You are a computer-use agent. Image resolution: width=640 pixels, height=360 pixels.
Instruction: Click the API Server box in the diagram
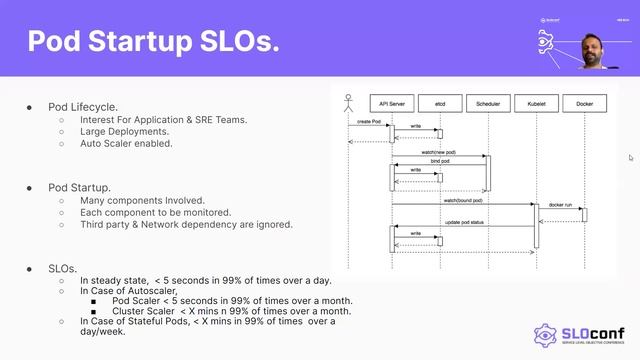pos(391,103)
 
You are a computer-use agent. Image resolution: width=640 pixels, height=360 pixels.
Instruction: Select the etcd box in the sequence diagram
pos(439,103)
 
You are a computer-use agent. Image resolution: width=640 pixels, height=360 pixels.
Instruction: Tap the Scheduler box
pos(488,103)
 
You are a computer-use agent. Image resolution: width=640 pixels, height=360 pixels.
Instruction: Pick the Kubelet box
pos(536,103)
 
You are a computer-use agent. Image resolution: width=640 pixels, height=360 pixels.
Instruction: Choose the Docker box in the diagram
pos(585,103)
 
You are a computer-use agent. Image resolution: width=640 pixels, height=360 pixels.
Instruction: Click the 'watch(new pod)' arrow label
pos(439,152)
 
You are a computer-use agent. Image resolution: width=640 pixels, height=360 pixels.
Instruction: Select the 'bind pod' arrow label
pos(439,161)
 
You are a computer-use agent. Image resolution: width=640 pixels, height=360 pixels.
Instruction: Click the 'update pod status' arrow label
pos(464,222)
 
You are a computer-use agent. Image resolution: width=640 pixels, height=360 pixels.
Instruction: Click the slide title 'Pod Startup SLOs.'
pos(152,42)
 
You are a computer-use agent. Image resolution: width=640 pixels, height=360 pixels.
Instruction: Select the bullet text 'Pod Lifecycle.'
pos(83,106)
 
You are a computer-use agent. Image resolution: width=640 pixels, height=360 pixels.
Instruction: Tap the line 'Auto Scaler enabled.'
pos(126,143)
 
